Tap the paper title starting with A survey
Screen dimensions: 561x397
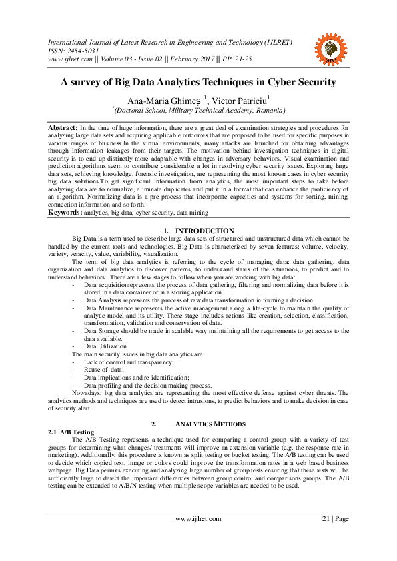[198, 83]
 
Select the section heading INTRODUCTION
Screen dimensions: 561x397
[208, 231]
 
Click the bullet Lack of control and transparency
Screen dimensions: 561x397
[128, 362]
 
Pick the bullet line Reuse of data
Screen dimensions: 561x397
[104, 370]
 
